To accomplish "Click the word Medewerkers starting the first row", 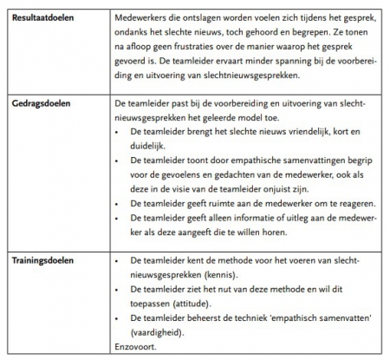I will pyautogui.click(x=144, y=17).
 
